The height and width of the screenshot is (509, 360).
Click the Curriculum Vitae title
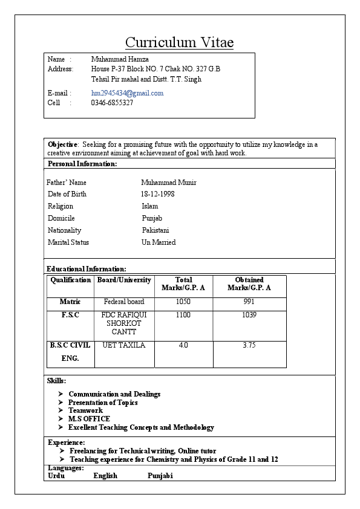[x=179, y=42]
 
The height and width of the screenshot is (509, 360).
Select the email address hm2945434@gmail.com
[x=127, y=93]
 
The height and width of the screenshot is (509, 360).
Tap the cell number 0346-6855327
[x=112, y=103]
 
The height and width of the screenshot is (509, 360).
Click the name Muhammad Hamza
[x=120, y=59]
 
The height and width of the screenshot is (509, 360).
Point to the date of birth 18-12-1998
[x=157, y=194]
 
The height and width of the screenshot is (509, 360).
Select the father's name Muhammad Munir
[x=168, y=183]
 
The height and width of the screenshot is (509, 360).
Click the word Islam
[x=149, y=206]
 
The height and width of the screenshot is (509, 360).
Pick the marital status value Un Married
[x=159, y=242]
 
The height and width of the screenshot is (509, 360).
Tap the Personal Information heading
[x=82, y=164]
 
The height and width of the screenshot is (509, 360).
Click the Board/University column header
[x=124, y=280]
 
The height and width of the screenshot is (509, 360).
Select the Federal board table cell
[x=124, y=302]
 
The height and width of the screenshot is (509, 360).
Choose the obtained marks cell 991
[x=249, y=302]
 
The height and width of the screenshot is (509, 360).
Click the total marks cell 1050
[x=183, y=302]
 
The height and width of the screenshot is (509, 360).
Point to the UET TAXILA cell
[x=124, y=345]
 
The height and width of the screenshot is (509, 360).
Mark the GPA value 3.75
[x=249, y=345]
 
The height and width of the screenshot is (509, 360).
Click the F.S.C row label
[x=70, y=315]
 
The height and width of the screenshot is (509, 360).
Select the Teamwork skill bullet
[x=85, y=410]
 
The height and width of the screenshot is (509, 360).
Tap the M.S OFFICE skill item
[x=89, y=419]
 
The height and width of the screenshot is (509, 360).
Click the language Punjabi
[x=160, y=476]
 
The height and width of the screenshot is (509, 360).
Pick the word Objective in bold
[x=63, y=144]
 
